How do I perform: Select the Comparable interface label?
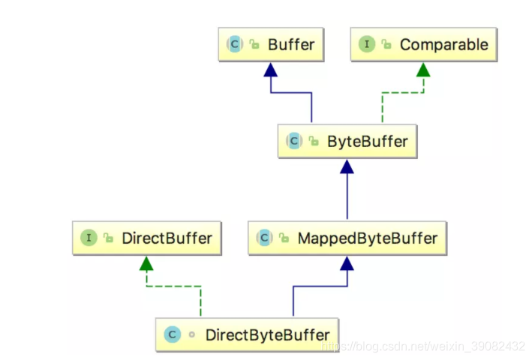[x=443, y=44]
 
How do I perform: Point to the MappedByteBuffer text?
[x=367, y=238]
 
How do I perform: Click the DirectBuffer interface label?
[x=166, y=238]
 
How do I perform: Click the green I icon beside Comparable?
[x=367, y=44]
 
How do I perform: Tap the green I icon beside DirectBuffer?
[x=89, y=238]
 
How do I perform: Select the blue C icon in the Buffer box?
[x=235, y=44]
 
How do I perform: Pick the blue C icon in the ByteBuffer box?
[x=293, y=140]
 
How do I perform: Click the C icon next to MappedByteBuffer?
[x=264, y=238]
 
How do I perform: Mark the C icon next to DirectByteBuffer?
[x=172, y=334]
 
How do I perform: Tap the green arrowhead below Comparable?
[x=423, y=69]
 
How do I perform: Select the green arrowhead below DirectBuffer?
[x=146, y=263]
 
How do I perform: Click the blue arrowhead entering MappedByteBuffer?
[x=346, y=263]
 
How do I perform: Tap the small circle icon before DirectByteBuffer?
[x=191, y=334]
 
